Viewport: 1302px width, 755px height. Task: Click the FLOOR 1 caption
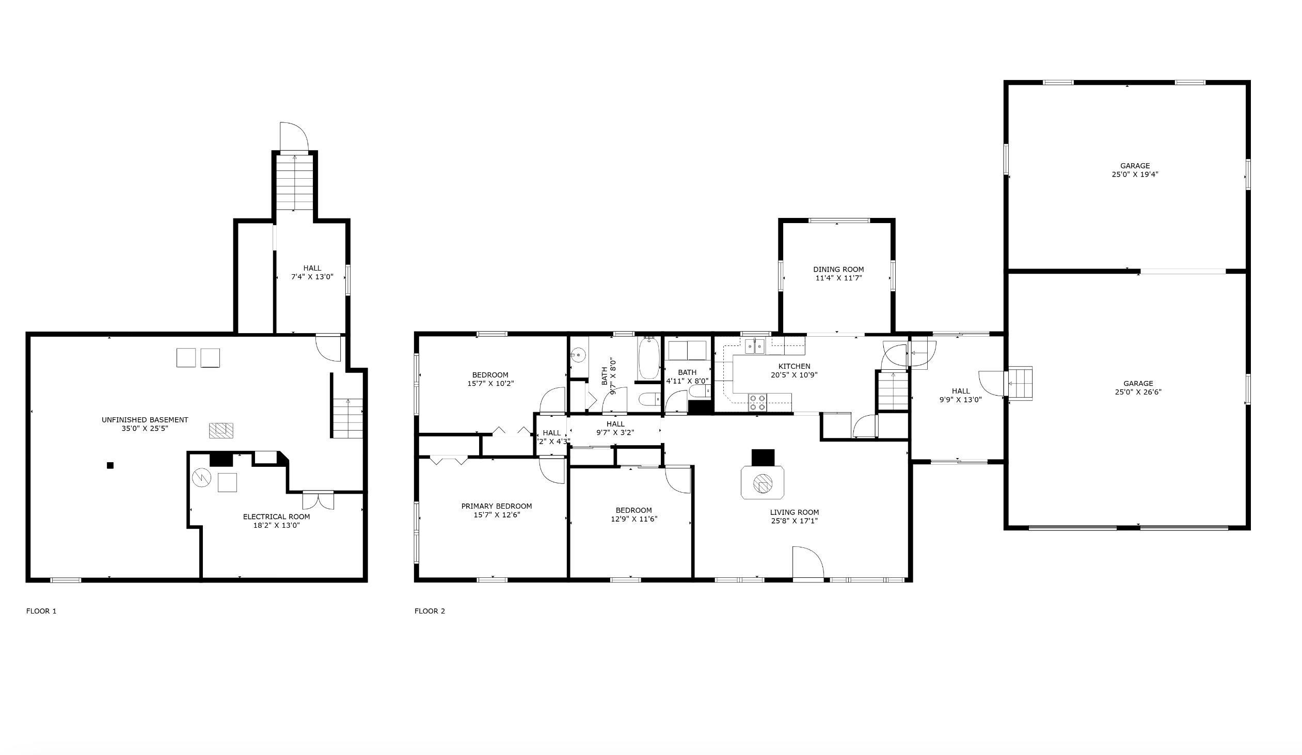coord(41,611)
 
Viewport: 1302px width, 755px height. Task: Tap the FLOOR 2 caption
coord(430,611)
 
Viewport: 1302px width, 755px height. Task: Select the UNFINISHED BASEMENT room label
coord(145,420)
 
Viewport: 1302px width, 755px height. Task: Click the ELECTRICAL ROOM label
coord(276,516)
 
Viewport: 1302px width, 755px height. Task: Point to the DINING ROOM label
coord(838,269)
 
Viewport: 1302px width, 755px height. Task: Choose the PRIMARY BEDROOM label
coord(496,506)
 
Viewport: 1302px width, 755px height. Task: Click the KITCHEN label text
coord(794,366)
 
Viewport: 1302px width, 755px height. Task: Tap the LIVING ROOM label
coord(793,512)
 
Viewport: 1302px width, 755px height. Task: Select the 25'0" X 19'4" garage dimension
coord(1135,175)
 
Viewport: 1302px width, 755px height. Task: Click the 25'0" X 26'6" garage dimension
coord(1138,392)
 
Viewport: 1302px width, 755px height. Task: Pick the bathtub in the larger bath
coord(648,358)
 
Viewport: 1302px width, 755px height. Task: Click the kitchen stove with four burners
coord(757,403)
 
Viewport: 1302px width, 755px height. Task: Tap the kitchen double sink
coord(755,345)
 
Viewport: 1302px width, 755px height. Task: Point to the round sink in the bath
coord(579,355)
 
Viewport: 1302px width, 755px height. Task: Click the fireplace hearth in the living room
coord(762,483)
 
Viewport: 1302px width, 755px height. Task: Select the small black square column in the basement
coord(110,466)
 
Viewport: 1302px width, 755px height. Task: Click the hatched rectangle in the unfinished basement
coord(220,430)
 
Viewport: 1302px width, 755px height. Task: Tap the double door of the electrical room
coord(317,500)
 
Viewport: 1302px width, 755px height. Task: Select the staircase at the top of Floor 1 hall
coord(294,182)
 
